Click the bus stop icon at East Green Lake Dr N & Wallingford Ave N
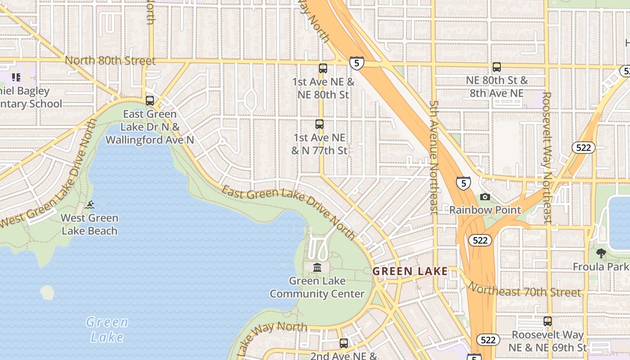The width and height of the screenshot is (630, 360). (150, 101)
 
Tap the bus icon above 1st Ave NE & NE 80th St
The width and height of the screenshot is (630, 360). (323, 68)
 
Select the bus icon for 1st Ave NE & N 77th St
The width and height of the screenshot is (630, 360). (319, 124)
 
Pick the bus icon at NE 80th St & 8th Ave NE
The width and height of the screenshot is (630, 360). (497, 67)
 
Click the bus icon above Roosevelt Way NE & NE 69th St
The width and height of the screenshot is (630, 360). (548, 321)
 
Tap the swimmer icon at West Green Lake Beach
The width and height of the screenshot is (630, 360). (90, 205)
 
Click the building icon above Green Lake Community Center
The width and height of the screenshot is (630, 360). (317, 268)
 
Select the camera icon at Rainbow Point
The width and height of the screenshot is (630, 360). (485, 197)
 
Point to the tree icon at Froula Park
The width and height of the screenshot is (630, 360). (601, 253)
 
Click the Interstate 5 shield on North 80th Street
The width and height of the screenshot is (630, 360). (356, 63)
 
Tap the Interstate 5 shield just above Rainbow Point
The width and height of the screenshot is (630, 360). (463, 183)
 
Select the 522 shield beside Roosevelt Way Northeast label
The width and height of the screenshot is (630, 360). (584, 148)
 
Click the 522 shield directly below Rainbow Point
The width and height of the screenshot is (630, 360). (480, 240)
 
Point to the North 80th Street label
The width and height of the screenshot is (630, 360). (110, 61)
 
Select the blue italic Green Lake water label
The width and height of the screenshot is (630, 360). (107, 329)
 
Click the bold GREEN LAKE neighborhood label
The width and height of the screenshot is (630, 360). (410, 271)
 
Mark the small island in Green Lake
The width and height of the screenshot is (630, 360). (47, 292)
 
